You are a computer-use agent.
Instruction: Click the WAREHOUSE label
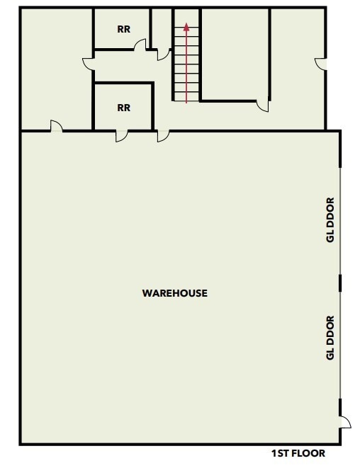(175, 293)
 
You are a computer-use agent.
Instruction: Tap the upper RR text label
(123, 30)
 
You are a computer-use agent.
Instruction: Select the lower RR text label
(123, 108)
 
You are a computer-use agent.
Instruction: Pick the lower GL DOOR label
(330, 337)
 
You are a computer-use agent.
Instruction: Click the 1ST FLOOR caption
(298, 453)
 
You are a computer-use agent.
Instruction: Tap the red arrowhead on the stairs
(186, 28)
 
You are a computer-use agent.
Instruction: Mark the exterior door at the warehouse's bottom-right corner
(344, 423)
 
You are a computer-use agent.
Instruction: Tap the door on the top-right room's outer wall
(320, 64)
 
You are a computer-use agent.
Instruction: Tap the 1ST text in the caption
(281, 453)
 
